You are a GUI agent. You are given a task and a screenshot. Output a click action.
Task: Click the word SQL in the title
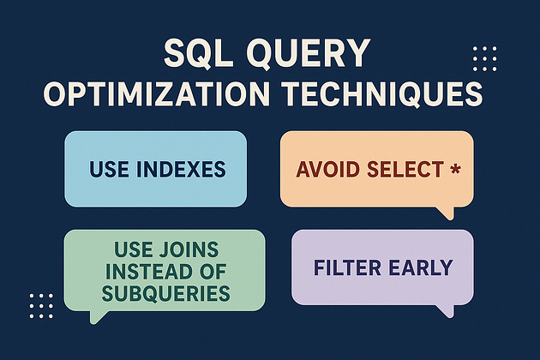[x=198, y=53]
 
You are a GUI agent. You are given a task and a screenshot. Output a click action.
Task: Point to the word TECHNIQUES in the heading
[x=382, y=93]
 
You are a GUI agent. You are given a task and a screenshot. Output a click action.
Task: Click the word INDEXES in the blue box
[x=181, y=169]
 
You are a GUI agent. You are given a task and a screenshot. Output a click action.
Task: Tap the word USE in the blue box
[x=110, y=169]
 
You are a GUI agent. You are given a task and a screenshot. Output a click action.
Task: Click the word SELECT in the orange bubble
[x=405, y=169]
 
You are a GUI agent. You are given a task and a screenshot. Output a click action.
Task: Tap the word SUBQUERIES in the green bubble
[x=166, y=293]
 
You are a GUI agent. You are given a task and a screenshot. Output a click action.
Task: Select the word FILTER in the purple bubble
[x=347, y=267]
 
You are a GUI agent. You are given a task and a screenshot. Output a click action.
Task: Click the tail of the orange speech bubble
[x=447, y=213]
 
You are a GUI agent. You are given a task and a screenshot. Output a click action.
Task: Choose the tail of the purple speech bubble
[x=447, y=311]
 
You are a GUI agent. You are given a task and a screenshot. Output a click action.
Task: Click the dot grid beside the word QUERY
[x=485, y=58]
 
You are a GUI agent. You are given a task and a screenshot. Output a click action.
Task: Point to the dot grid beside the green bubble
[x=41, y=306]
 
